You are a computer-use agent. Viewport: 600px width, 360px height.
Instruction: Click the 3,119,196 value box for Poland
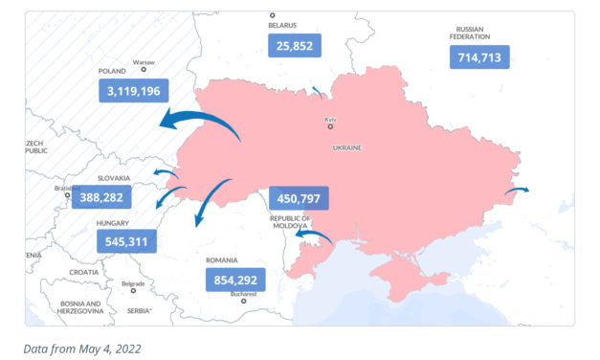[134, 91]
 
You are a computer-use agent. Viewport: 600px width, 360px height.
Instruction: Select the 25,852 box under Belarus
[294, 45]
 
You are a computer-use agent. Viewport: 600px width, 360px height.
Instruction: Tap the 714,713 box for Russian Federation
[479, 56]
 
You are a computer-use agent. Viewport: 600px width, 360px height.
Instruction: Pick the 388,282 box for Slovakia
[126, 196]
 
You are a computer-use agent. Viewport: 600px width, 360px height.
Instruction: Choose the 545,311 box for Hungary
[126, 241]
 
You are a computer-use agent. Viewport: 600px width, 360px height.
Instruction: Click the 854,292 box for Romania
[235, 281]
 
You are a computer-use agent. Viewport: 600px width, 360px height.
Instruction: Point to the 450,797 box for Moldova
[299, 198]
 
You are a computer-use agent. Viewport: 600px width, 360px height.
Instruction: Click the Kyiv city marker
[330, 126]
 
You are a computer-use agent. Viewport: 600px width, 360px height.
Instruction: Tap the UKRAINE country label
[346, 149]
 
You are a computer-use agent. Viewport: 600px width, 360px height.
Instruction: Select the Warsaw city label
[144, 60]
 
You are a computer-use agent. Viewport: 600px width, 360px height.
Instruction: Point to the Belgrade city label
[133, 283]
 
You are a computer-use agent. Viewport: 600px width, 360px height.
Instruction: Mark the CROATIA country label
[83, 272]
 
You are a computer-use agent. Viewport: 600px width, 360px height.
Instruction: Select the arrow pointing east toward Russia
[516, 191]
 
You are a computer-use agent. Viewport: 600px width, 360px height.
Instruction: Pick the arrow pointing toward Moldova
[313, 234]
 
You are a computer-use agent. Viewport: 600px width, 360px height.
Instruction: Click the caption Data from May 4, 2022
[82, 349]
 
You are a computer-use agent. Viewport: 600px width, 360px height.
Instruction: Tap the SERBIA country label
[139, 310]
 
